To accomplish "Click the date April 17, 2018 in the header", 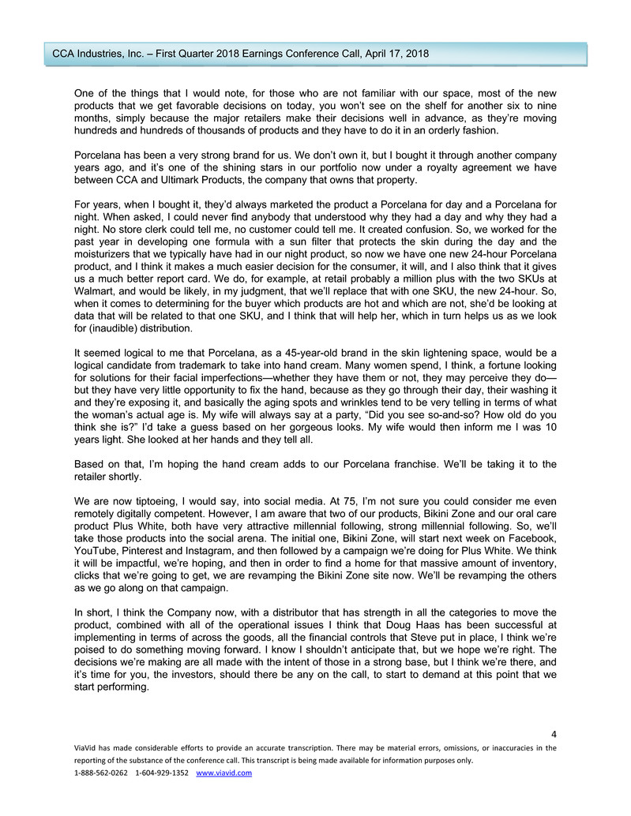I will (x=393, y=54).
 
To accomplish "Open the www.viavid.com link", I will (x=223, y=773).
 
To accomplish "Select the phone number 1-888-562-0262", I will (x=100, y=773).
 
